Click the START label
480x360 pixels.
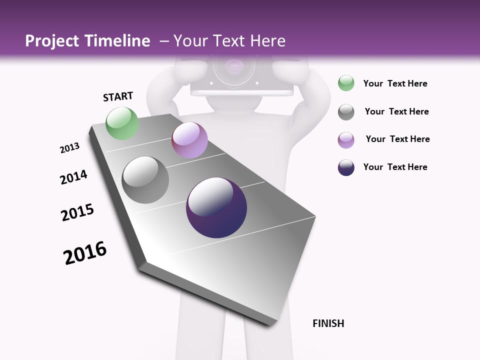click(118, 96)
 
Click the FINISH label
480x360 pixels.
click(328, 323)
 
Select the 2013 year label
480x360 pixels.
click(69, 148)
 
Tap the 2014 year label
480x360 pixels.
click(73, 177)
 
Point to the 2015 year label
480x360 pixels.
click(77, 212)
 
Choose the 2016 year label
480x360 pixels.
click(85, 253)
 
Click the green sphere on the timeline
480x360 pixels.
click(122, 123)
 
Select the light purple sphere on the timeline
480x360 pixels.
click(189, 140)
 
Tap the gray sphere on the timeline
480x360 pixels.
click(145, 179)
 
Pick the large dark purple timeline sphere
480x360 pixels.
click(216, 207)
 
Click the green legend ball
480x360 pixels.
click(346, 83)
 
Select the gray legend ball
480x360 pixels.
click(346, 111)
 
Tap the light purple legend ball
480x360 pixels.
click(346, 139)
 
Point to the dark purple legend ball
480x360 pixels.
click(346, 167)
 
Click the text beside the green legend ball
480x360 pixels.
click(395, 83)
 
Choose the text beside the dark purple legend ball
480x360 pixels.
click(395, 167)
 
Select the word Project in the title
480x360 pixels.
click(52, 41)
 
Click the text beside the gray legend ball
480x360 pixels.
click(396, 111)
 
